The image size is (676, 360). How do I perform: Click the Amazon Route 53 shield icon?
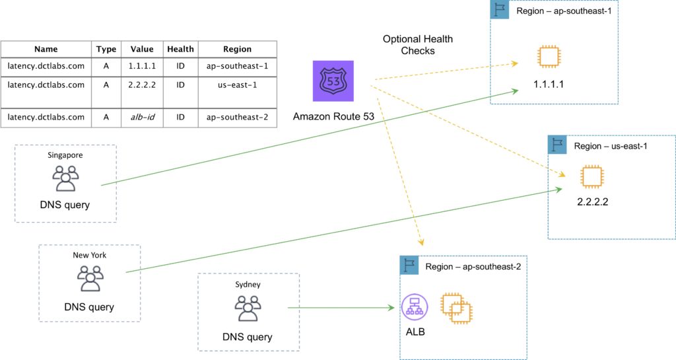333,81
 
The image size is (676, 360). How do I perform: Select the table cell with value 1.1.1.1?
142,67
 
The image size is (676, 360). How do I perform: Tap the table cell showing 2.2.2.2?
142,85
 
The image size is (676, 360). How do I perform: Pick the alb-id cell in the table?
142,117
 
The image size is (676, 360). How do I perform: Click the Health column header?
180,49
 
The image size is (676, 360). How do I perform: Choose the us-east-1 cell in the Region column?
237,85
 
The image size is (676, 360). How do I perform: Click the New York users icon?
90,278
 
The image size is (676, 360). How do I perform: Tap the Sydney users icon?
248,308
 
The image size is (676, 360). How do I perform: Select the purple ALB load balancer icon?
415,306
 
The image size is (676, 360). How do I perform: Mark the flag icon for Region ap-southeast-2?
409,266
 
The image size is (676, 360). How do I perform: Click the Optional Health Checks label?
410,45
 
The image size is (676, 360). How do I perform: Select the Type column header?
106,49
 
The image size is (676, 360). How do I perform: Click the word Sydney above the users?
248,285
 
